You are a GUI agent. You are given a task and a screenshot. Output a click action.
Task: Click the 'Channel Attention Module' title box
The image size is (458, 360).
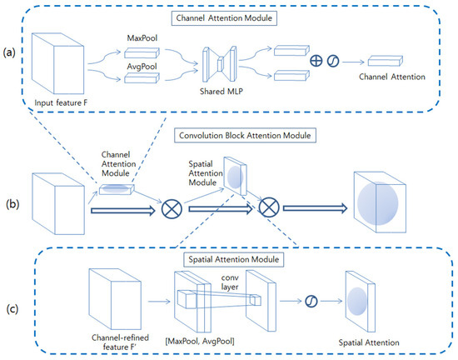pos(230,16)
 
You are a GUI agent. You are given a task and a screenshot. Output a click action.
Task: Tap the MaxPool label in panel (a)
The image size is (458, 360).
pos(143,39)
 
